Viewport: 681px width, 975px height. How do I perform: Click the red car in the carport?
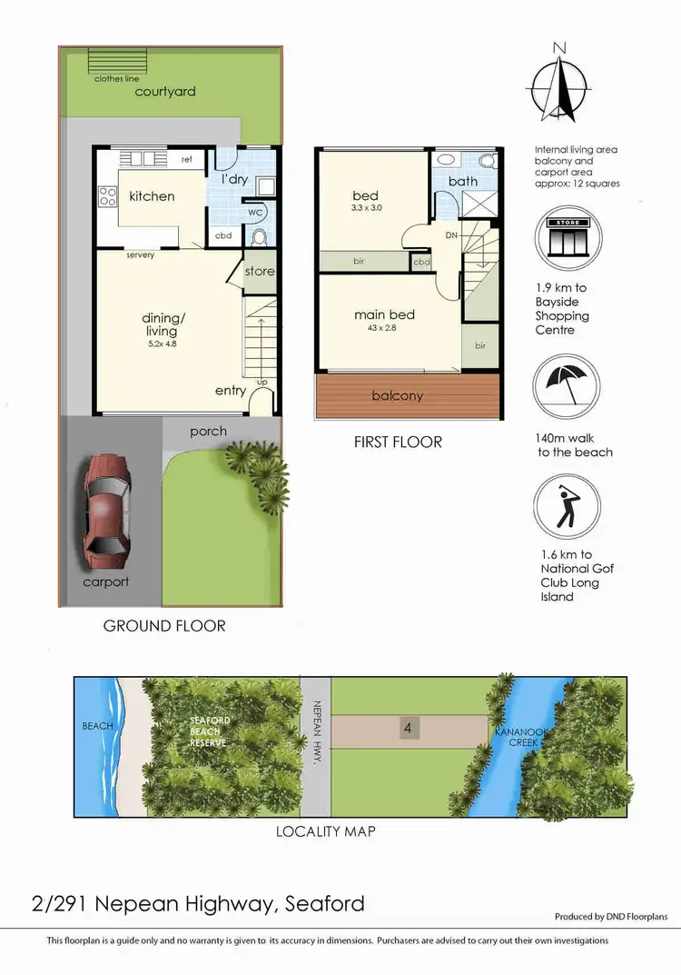point(106,506)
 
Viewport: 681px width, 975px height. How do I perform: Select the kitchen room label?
point(152,195)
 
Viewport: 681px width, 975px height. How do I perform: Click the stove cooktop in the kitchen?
point(108,195)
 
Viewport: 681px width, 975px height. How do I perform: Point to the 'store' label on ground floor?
point(260,271)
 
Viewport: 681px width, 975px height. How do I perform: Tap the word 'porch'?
point(209,431)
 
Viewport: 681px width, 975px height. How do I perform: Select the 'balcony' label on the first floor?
point(398,395)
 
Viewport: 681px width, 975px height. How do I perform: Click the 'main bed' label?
point(384,314)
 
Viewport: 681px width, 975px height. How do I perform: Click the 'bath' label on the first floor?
point(463,181)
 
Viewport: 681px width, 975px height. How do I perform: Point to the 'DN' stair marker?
point(451,234)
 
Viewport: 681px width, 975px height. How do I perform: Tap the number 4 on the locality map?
point(409,728)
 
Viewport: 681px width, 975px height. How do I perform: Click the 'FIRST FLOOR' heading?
point(398,443)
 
